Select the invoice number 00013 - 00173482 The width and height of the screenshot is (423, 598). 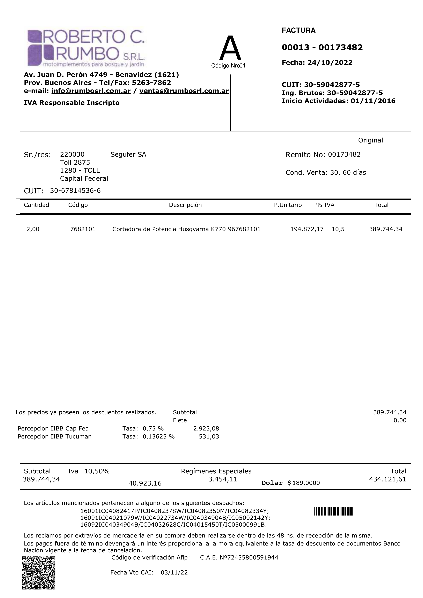(322, 47)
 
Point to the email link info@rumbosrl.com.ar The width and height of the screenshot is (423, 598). (91, 91)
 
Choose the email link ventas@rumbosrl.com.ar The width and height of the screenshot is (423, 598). (184, 91)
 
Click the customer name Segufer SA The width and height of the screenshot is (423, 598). (128, 154)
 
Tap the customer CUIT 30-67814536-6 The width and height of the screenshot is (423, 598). (75, 191)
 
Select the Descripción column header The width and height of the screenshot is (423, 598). (185, 205)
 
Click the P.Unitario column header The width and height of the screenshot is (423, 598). (288, 205)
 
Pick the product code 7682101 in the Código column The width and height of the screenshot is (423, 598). (83, 229)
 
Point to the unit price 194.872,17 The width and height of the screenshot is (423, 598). (307, 229)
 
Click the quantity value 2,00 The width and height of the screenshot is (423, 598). (33, 229)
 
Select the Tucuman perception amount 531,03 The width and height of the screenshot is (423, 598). (209, 436)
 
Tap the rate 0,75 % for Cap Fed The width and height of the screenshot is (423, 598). (153, 428)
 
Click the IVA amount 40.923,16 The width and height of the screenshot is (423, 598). (145, 483)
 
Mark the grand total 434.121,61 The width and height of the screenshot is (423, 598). (388, 479)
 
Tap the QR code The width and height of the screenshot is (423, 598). (39, 573)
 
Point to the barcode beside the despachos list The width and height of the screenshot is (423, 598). (333, 512)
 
